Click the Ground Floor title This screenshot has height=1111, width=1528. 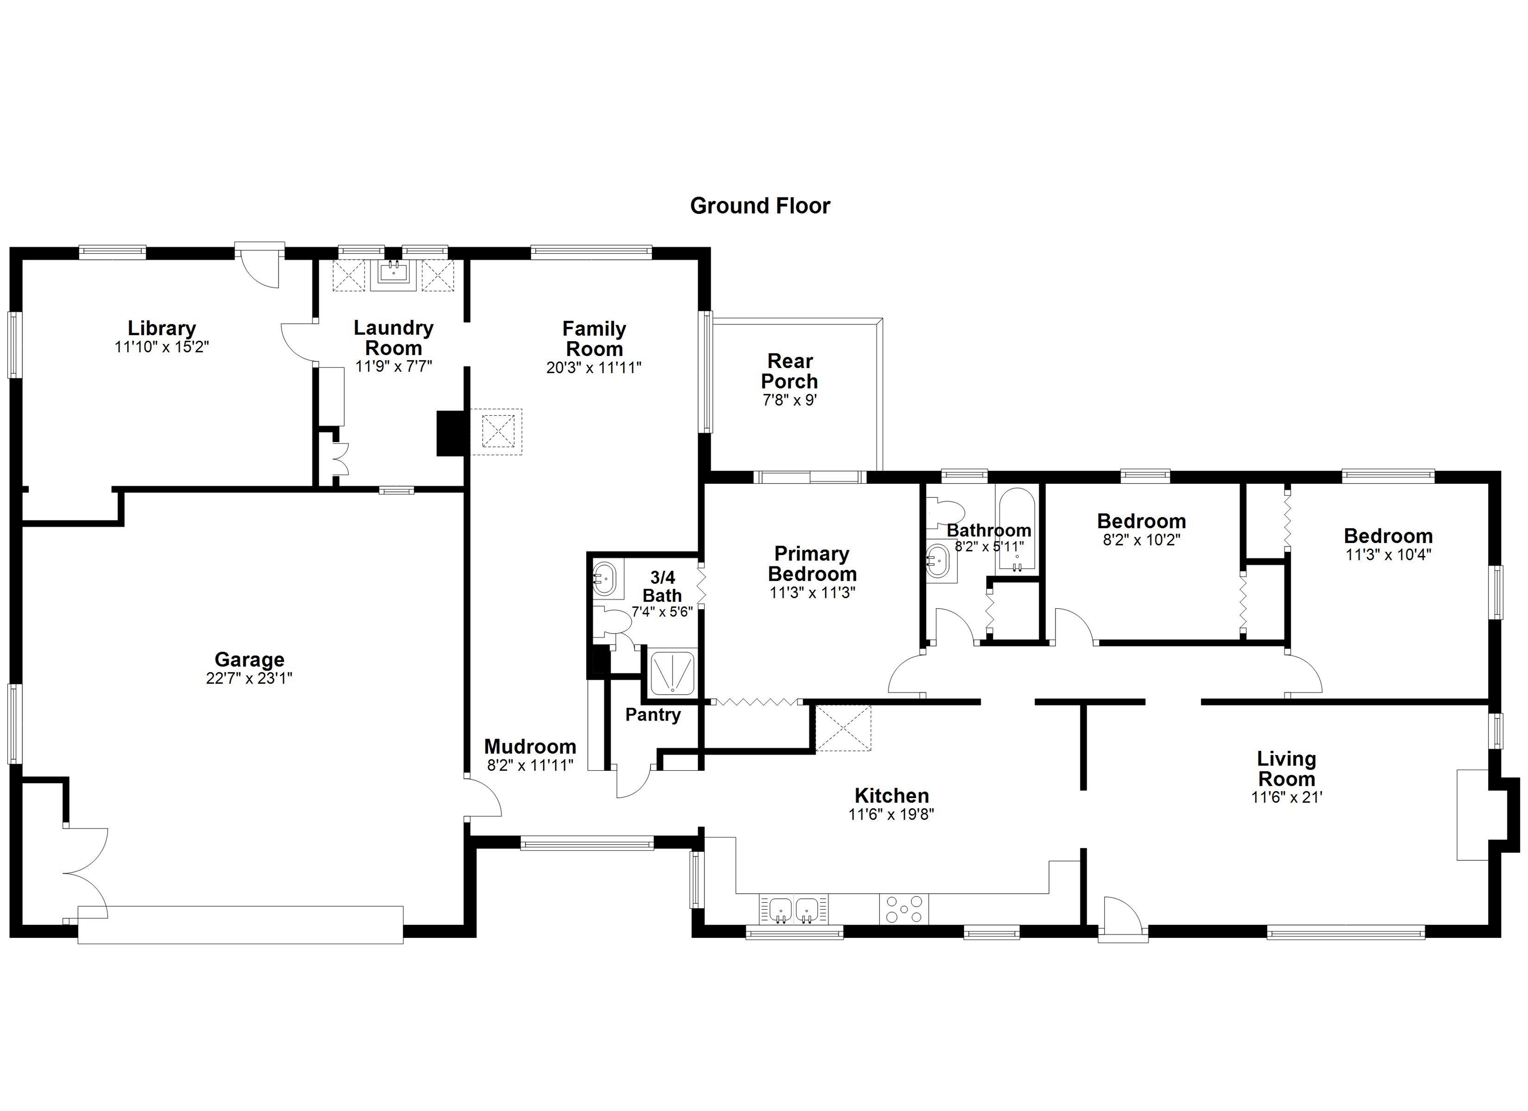760,205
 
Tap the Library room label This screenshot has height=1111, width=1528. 162,328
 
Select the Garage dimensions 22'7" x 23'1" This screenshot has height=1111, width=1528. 249,678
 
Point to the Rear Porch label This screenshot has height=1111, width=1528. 789,370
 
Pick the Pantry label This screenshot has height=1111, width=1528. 653,715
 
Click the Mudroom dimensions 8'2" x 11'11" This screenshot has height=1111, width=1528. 530,765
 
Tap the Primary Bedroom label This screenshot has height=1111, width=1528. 813,563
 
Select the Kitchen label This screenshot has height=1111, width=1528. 892,795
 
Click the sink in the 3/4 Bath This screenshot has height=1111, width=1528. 605,578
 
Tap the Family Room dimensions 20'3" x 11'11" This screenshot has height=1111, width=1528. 593,367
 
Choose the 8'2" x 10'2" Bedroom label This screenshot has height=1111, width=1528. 1142,521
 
